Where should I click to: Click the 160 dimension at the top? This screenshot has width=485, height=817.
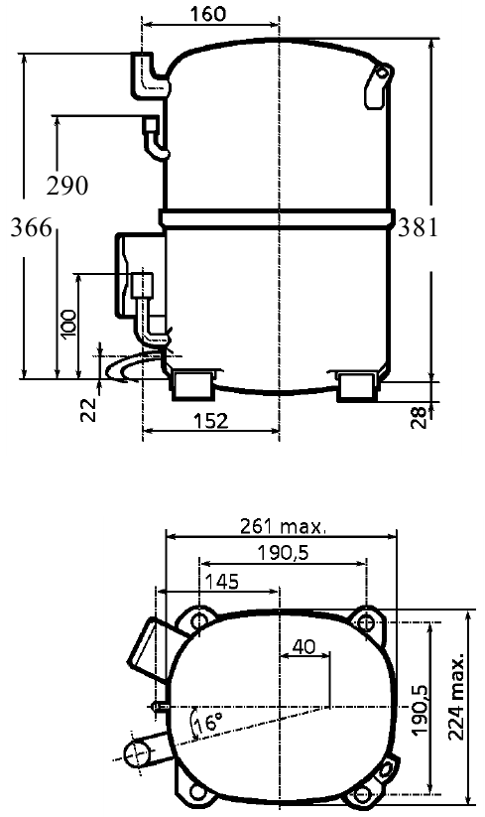click(x=208, y=14)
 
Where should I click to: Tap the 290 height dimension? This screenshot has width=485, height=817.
click(x=67, y=186)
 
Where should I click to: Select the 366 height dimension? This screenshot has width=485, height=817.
click(x=32, y=227)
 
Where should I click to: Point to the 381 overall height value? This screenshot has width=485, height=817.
click(x=418, y=227)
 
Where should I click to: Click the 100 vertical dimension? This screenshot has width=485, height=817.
click(x=68, y=324)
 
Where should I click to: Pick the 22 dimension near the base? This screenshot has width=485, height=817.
click(x=89, y=410)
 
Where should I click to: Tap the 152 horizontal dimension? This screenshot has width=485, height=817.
click(x=210, y=421)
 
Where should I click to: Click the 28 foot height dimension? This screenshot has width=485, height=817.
click(x=419, y=417)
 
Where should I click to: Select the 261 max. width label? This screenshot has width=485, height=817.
click(x=283, y=527)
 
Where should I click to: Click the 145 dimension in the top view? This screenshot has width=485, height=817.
click(x=222, y=582)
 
